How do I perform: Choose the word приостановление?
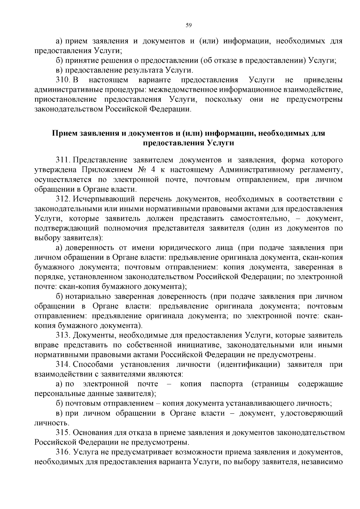[65, 100]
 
